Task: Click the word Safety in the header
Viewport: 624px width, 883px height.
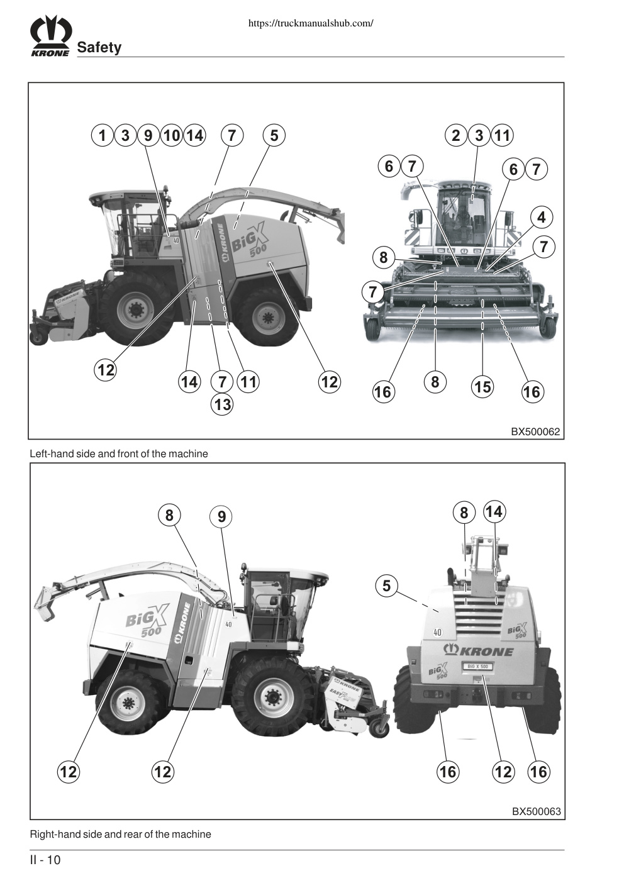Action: coord(99,47)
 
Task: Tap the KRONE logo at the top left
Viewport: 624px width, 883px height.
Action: coord(51,35)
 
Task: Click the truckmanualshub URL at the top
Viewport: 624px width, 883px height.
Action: coord(311,23)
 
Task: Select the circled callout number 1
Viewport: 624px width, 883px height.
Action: coord(103,135)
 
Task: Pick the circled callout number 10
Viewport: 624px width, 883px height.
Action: coord(172,135)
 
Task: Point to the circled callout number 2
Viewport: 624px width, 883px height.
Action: coord(455,135)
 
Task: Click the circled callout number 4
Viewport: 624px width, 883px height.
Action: coord(542,217)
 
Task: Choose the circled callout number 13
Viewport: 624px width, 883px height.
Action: coord(222,404)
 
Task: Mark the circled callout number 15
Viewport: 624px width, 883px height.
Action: coord(483,387)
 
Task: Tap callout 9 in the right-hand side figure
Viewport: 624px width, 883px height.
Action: coord(221,516)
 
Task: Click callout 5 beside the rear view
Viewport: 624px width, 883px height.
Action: coord(386,586)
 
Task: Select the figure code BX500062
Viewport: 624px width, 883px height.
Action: coord(535,431)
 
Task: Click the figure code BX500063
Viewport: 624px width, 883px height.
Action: coord(536,812)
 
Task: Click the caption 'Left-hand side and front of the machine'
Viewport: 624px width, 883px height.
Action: coord(119,453)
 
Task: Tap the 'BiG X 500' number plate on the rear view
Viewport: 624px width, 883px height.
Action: coord(478,667)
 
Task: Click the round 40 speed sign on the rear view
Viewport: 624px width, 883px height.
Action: coord(438,633)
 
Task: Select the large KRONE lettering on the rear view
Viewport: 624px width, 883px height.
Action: coord(479,650)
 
